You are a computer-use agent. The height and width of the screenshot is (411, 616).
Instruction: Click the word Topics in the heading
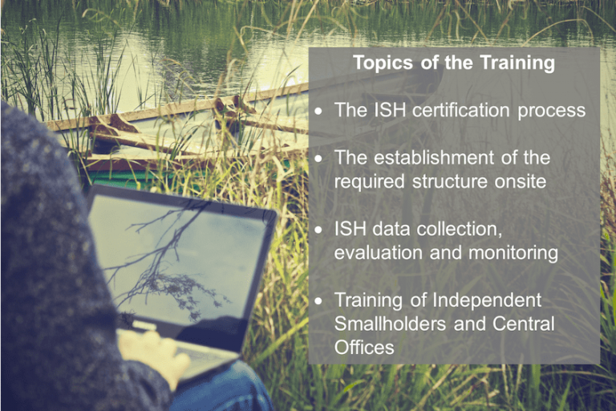coord(383,63)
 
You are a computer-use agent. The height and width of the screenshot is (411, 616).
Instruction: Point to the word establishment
coord(434,157)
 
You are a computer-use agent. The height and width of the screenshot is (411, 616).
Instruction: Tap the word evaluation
coord(378,253)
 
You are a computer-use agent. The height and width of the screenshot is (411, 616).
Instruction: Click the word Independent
coord(487,300)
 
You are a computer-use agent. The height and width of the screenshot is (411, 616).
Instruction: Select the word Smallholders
coord(390,324)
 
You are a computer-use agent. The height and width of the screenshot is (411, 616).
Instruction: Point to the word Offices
coord(364,348)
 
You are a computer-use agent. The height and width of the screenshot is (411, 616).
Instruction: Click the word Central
coord(523,324)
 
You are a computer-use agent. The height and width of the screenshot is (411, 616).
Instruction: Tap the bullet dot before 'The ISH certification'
coord(318,112)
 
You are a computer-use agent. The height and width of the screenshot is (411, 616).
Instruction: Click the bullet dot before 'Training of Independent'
coord(318,301)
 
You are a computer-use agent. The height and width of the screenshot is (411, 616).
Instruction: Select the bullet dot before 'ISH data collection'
coord(318,230)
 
